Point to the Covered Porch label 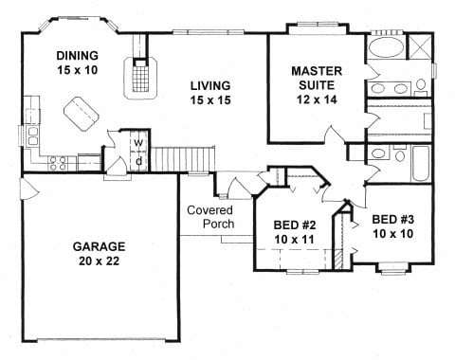point(209,217)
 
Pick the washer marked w point(138,144)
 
